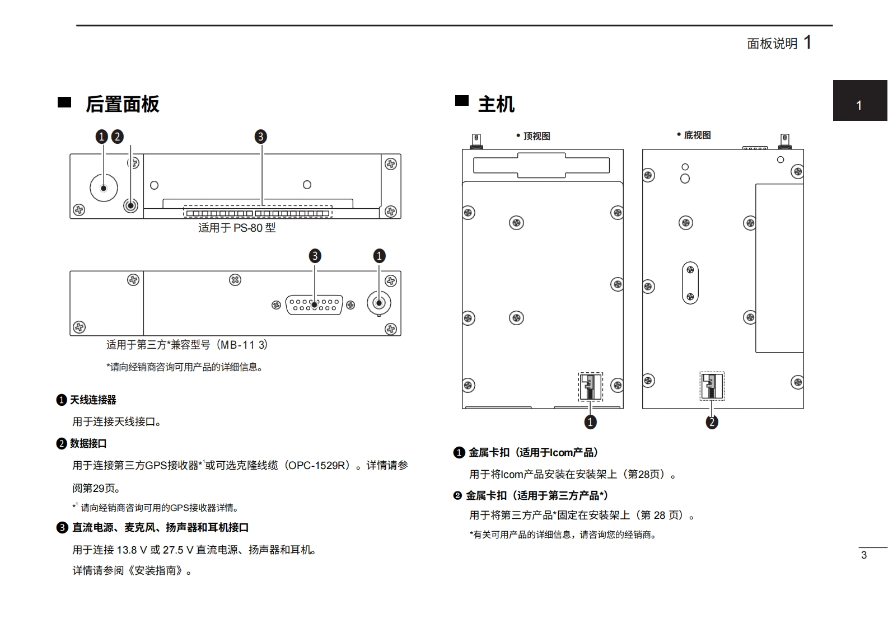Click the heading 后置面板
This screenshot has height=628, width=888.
122,104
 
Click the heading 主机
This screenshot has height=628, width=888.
496,104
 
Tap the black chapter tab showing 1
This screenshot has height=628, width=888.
859,105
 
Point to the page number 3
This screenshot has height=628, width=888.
864,555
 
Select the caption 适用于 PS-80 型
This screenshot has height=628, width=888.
237,228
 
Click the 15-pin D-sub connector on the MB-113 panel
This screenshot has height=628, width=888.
314,305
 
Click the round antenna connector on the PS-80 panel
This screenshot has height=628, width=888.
104,188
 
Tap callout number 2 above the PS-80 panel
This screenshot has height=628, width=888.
117,137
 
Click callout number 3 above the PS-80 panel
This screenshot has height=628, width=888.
260,137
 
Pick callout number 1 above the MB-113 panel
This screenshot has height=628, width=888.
379,256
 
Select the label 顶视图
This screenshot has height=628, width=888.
536,136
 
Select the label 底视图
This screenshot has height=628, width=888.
697,135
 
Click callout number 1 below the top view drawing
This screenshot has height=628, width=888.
590,422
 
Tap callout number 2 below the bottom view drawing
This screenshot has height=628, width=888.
712,422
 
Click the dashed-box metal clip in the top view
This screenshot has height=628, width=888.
590,387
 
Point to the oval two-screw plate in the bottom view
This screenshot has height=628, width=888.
690,283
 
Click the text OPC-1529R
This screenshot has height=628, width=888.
318,465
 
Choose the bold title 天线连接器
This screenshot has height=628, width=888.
93,400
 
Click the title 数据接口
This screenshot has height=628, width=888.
88,443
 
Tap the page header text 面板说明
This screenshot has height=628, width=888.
772,44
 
